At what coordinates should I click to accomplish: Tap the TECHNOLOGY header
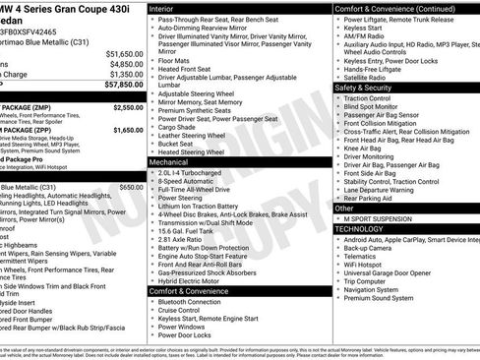pos(359,227)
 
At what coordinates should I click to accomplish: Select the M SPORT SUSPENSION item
pos(385,217)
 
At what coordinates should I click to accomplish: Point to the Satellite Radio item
pos(369,78)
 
